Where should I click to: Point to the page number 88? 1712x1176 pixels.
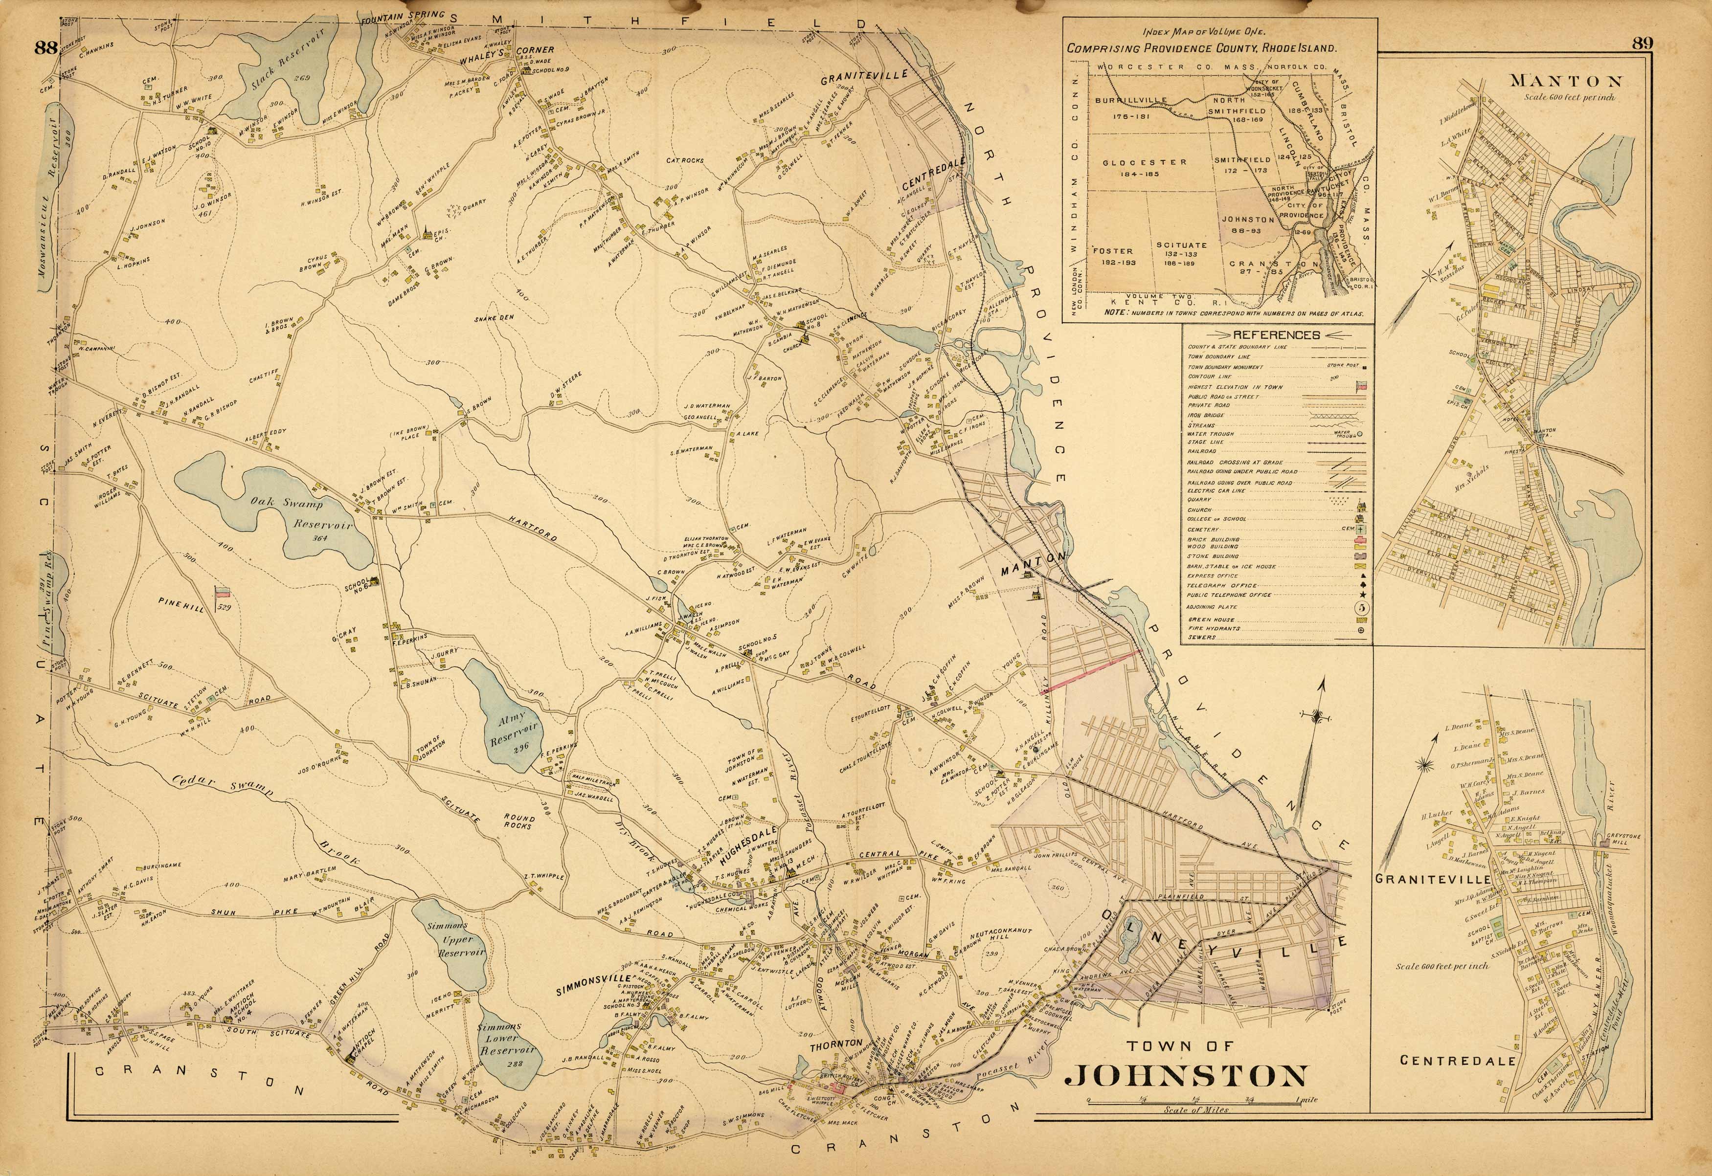(x=45, y=48)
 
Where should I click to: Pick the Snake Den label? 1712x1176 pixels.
(x=494, y=317)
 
